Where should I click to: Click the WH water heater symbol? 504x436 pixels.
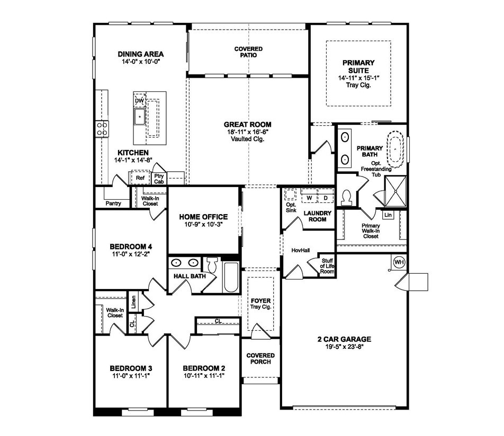399,262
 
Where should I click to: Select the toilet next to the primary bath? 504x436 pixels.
348,196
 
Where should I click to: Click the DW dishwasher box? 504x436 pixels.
139,100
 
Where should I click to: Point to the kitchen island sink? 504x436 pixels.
140,117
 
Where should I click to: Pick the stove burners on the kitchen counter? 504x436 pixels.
102,128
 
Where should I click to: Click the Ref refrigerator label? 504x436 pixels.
140,178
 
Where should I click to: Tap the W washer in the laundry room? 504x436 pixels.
309,198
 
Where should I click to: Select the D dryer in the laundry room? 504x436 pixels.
326,198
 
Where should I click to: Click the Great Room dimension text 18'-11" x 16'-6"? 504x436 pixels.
247,132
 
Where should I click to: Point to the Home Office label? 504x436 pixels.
203,217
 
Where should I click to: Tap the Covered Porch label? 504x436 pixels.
260,358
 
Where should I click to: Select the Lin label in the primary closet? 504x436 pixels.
389,215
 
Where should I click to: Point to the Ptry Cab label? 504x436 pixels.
159,178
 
